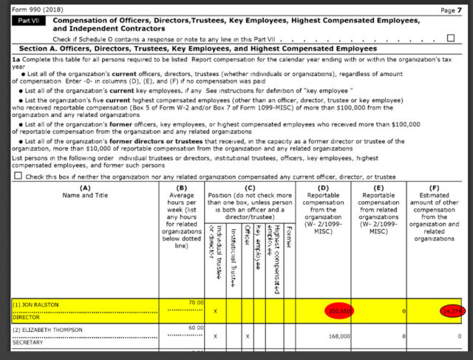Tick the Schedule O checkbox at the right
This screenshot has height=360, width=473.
[x=451, y=38]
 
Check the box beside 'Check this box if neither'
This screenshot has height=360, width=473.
[x=18, y=176]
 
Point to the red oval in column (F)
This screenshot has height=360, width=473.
[x=451, y=312]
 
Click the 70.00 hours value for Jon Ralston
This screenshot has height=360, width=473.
[x=195, y=303]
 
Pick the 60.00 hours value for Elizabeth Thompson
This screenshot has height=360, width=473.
[x=195, y=327]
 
